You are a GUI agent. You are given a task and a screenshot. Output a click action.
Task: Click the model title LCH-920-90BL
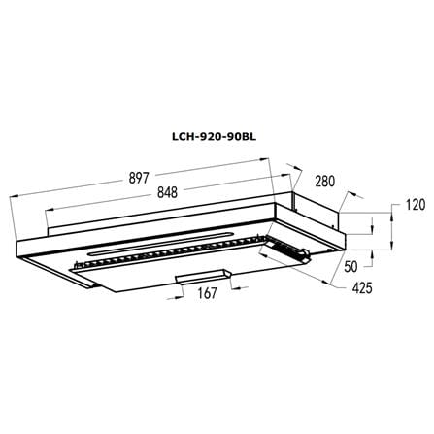(x=214, y=137)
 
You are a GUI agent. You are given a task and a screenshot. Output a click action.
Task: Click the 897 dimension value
(x=139, y=178)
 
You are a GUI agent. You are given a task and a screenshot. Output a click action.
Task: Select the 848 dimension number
(x=167, y=192)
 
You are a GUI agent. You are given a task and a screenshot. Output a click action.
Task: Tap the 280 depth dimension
(x=324, y=182)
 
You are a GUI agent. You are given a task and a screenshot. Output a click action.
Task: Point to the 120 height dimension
(x=415, y=205)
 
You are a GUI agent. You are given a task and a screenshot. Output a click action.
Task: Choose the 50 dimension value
(x=351, y=267)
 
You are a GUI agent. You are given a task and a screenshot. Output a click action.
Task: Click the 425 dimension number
(x=362, y=287)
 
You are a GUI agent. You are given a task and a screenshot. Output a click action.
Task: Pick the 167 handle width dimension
(x=207, y=293)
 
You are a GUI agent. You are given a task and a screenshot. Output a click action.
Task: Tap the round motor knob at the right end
(x=304, y=251)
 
